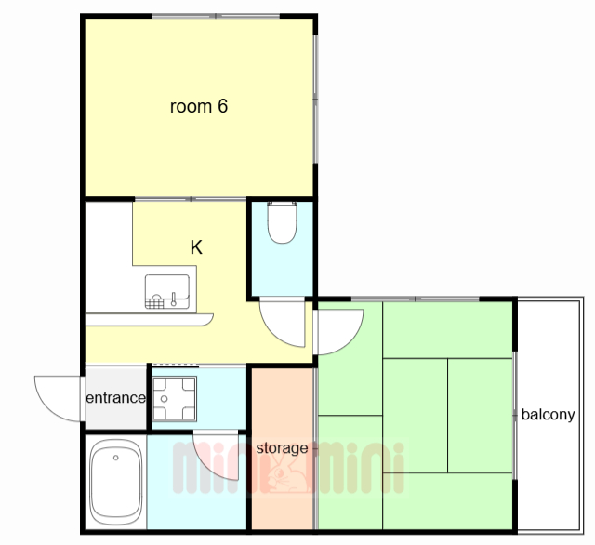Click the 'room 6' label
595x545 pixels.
coord(198,106)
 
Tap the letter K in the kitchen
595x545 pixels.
coord(196,247)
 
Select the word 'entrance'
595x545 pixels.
coord(115,398)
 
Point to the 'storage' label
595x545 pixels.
coord(282,448)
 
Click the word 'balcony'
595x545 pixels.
coord(548,415)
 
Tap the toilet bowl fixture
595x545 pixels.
coord(282,222)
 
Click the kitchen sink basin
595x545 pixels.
coord(167,291)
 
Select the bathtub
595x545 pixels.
coord(115,482)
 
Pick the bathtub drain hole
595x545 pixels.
coord(115,458)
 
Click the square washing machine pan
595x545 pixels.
coord(174,399)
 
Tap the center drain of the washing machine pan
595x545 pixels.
coord(164,399)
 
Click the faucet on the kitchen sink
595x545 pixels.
coord(174,299)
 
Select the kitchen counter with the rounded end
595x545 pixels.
coord(149,320)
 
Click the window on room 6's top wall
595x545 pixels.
coord(216,16)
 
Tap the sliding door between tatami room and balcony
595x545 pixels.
coord(515,416)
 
